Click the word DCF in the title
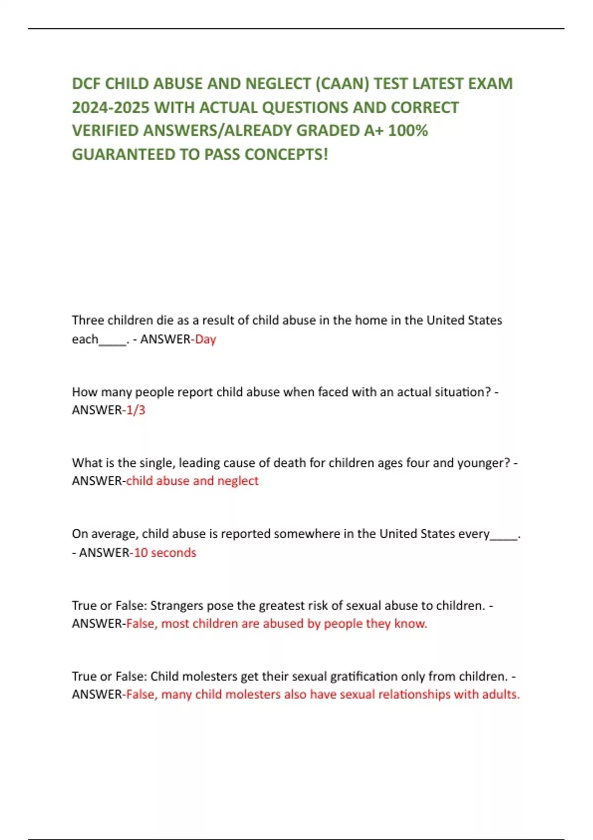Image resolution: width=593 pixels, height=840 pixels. (x=86, y=84)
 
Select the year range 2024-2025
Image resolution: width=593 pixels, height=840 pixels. (x=111, y=107)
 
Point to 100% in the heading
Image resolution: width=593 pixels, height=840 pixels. (x=408, y=130)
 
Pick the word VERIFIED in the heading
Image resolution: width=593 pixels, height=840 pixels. (x=105, y=130)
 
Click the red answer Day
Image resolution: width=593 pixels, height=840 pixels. (x=206, y=339)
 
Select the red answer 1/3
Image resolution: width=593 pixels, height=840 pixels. (x=136, y=410)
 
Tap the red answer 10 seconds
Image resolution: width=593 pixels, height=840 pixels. (x=165, y=552)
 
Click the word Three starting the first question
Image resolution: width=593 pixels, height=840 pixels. (x=88, y=320)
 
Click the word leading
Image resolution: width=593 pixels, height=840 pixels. (x=199, y=463)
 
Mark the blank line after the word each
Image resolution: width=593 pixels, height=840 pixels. (x=113, y=341)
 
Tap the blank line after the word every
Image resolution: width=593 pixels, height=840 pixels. (x=504, y=536)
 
